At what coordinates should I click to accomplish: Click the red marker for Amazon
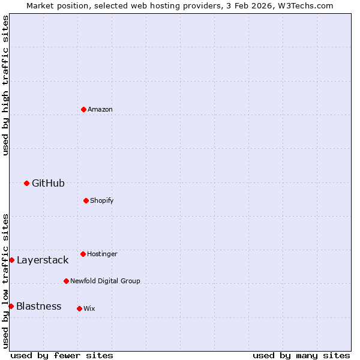(x=83, y=109)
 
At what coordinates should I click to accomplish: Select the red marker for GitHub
(x=26, y=183)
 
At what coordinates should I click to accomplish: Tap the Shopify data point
(x=86, y=200)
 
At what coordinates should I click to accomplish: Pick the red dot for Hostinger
(x=83, y=254)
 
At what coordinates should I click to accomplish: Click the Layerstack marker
(x=11, y=260)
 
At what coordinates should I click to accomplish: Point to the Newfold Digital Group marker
(x=66, y=281)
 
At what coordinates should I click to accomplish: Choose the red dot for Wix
(x=79, y=308)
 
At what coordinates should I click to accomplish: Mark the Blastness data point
(x=11, y=306)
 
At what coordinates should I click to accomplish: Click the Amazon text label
(x=100, y=109)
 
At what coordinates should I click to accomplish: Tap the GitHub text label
(x=48, y=183)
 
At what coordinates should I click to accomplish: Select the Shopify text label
(x=102, y=200)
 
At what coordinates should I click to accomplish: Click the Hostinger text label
(x=102, y=254)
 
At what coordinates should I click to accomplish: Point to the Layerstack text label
(x=43, y=260)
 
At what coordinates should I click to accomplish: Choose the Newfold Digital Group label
(x=105, y=281)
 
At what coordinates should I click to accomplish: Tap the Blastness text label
(x=38, y=306)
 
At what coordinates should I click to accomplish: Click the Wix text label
(x=89, y=308)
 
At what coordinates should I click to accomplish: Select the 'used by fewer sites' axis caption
(x=62, y=355)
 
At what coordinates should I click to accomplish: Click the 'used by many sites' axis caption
(x=301, y=355)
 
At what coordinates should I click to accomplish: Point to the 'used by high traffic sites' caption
(x=5, y=85)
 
